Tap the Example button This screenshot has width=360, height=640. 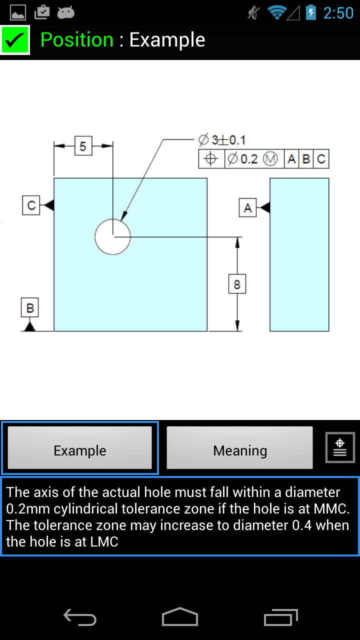coord(80,448)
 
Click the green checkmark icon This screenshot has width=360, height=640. coord(15,40)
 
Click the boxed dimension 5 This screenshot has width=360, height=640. coord(83,146)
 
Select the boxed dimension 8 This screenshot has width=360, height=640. coord(237,284)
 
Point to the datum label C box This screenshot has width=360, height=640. coord(31,205)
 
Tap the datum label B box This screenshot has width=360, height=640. coord(30,307)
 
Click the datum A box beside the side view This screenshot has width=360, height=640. coord(248,207)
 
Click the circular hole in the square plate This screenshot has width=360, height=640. coord(113,237)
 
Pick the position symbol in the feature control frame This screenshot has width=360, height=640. coord(211,159)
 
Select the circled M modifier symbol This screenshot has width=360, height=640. coord(270,159)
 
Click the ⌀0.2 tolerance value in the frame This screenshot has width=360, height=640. coord(243,159)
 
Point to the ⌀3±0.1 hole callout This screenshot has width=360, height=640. coord(222,140)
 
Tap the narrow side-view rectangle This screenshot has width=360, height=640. coord(299,254)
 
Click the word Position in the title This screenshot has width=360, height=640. coord(77,40)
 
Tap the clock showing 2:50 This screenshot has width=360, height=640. coord(338,13)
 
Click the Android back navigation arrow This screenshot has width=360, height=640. coord(80,617)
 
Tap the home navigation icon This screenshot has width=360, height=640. coord(180,617)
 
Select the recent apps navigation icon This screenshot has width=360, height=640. coord(280,617)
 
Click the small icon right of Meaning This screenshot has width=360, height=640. coord(340,447)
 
